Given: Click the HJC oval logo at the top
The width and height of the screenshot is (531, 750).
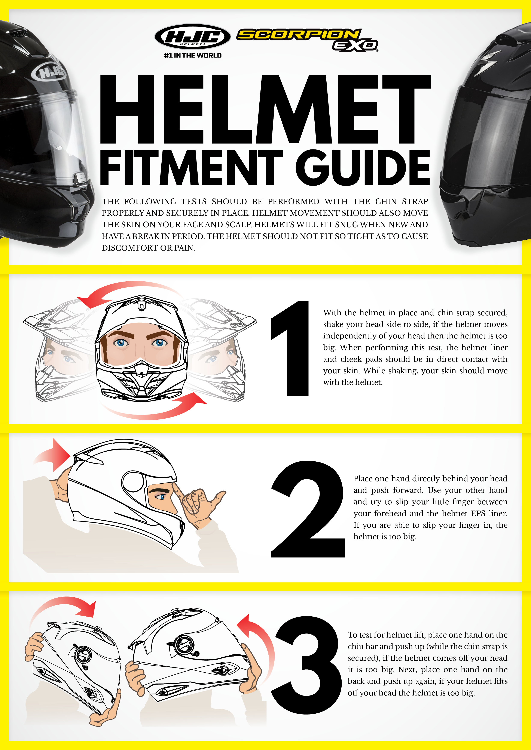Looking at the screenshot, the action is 193,36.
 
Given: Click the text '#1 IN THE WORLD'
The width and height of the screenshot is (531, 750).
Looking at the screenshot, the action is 193,56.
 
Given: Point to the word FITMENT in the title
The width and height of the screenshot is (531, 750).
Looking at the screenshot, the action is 191,168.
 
